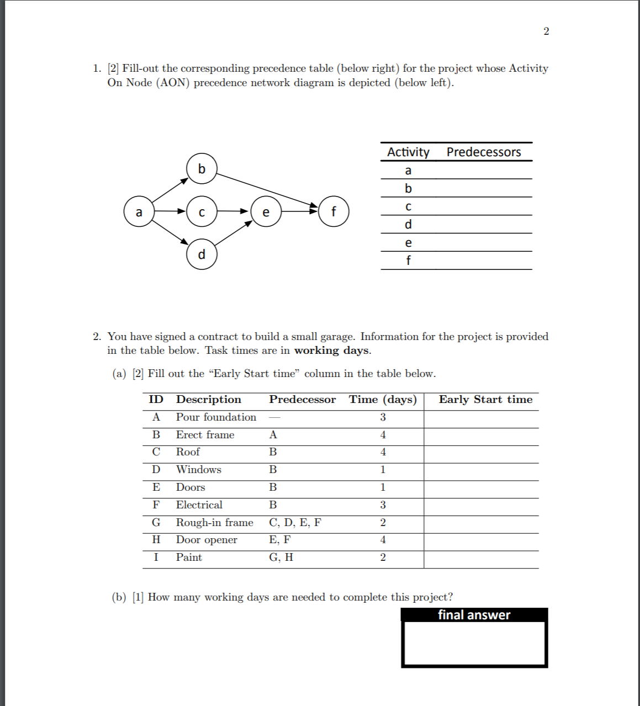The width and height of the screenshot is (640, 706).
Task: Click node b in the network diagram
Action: point(202,168)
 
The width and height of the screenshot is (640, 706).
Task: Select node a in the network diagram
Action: point(139,212)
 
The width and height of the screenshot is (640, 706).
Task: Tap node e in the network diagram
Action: point(266,212)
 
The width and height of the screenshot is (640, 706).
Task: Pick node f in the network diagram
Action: point(333,212)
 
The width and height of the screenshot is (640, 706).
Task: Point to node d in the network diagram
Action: point(202,254)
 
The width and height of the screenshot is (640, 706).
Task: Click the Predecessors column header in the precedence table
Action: point(483,152)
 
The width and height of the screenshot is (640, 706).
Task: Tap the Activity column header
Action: point(408,152)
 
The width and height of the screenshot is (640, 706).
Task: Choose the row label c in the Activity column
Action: point(408,206)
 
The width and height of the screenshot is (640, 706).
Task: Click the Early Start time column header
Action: point(485,400)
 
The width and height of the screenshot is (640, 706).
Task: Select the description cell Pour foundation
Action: point(216,417)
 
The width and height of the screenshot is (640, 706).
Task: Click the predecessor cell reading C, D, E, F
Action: point(295,523)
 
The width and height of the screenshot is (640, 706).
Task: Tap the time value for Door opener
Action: point(383,540)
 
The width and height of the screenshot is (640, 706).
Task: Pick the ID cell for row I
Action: point(156,558)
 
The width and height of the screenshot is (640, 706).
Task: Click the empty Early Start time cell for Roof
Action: point(481,453)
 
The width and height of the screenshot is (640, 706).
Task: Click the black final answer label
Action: point(474,615)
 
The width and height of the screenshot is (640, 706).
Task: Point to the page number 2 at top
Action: point(546,31)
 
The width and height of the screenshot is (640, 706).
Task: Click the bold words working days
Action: point(331,351)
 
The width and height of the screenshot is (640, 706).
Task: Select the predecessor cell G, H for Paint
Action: point(281,558)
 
